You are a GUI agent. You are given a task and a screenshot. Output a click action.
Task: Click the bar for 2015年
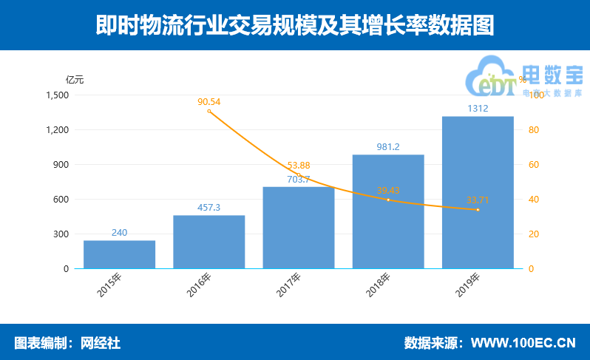[119, 254]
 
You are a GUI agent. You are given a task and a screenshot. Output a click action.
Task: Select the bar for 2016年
[208, 242]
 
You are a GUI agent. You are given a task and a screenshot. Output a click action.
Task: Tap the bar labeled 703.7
[298, 228]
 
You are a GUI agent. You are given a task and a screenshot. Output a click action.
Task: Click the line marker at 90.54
[209, 111]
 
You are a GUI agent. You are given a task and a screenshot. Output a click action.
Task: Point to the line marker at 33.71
[478, 210]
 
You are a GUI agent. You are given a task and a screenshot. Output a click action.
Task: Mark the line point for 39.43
[388, 200]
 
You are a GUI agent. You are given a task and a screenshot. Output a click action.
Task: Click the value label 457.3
[208, 208]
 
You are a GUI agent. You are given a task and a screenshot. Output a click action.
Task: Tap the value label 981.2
[387, 147]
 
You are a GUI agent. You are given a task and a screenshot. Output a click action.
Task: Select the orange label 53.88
[298, 165]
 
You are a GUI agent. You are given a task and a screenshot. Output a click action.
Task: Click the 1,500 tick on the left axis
[57, 95]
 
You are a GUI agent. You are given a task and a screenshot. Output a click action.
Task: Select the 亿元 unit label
[75, 80]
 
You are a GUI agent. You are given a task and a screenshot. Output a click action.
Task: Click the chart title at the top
[294, 26]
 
